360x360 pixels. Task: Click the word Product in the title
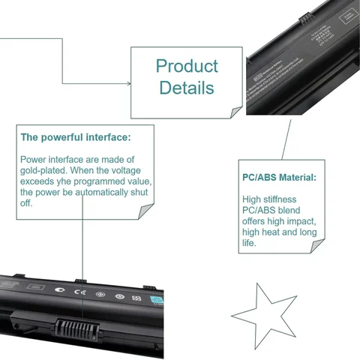(x=187, y=66)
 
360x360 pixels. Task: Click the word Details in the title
(x=187, y=88)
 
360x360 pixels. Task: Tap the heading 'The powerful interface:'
(x=75, y=137)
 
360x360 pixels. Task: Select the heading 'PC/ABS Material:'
(x=279, y=178)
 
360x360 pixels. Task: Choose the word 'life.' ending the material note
(x=250, y=243)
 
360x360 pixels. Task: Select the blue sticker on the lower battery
(x=157, y=301)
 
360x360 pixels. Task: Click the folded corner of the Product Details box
(x=235, y=112)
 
